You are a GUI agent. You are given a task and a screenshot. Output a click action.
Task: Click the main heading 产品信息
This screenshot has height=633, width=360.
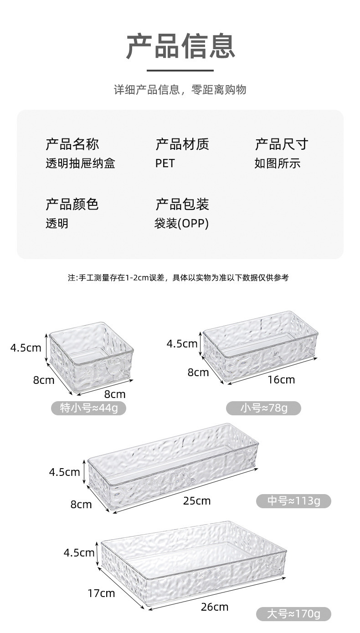click(x=180, y=46)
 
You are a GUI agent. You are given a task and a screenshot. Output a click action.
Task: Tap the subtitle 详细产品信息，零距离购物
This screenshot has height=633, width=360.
click(x=180, y=90)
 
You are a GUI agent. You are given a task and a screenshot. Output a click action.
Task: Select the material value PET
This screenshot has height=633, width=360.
click(x=165, y=163)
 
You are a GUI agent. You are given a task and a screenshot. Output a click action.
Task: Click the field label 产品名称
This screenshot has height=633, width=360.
click(x=72, y=144)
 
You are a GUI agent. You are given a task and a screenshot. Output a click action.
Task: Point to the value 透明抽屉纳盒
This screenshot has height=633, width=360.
click(x=80, y=163)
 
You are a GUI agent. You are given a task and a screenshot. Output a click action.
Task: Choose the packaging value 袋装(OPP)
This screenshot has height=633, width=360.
click(x=181, y=224)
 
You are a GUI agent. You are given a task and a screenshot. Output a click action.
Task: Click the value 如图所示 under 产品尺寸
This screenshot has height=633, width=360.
click(x=277, y=163)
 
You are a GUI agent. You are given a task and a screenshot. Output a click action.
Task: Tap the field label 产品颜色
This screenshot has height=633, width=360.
click(x=72, y=204)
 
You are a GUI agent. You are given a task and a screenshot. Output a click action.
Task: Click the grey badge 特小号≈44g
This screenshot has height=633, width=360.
click(x=88, y=408)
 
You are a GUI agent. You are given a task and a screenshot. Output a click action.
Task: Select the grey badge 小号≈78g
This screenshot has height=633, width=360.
click(x=264, y=408)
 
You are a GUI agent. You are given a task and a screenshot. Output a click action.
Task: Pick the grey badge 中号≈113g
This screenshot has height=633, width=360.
click(x=293, y=501)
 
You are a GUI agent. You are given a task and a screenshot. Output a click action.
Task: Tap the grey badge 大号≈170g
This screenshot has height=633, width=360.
click(x=293, y=614)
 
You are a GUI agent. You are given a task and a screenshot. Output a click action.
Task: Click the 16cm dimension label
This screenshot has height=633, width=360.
click(x=281, y=379)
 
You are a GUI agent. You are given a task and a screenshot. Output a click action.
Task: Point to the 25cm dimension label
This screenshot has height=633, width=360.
click(x=197, y=501)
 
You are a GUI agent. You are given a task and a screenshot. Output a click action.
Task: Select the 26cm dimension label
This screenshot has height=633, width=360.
click(x=215, y=607)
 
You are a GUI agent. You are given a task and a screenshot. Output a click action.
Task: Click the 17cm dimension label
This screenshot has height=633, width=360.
click(x=101, y=593)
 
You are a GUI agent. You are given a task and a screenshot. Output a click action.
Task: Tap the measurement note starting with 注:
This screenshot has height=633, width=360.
click(x=178, y=277)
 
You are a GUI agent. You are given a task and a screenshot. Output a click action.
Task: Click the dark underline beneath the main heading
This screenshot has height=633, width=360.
click(x=180, y=71)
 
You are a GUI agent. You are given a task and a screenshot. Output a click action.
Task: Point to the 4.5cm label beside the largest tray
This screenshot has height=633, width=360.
click(x=79, y=553)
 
